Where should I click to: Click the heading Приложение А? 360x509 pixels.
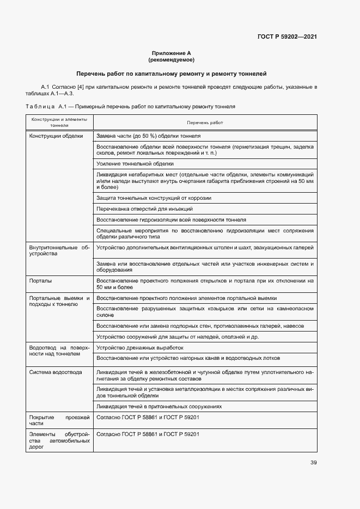point(171,53)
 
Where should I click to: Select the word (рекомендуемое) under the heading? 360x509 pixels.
point(171,59)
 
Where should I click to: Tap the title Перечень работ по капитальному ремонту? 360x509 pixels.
point(171,73)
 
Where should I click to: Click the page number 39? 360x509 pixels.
point(313,463)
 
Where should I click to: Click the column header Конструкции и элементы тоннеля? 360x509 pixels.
point(59,122)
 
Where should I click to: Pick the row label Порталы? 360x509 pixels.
point(41,281)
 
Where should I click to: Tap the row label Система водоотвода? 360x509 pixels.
point(56,372)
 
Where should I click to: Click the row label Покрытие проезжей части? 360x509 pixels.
point(59,419)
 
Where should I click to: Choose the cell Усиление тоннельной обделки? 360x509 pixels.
point(135,163)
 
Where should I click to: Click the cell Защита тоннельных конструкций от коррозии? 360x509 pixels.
point(154,198)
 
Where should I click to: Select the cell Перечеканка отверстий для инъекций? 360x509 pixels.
point(144,209)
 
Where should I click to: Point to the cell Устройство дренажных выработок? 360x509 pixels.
point(139,347)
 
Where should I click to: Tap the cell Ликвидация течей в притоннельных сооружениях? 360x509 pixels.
point(158,406)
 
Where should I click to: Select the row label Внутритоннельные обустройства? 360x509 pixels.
point(59,250)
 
